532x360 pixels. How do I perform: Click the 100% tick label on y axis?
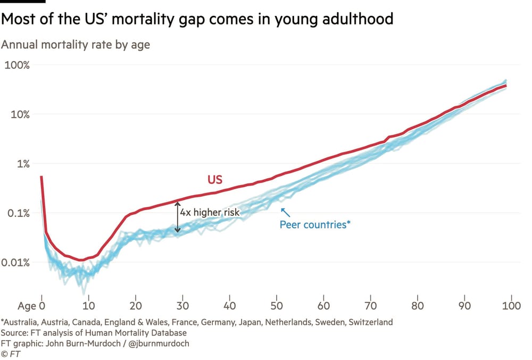point(17,65)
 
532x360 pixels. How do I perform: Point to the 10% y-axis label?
point(20,114)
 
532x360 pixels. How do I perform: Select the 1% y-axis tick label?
point(23,164)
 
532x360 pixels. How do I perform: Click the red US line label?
point(215,180)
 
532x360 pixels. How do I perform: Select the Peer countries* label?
point(315,225)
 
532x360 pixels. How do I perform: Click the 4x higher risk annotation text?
point(210,212)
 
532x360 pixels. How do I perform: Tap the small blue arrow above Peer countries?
point(285,211)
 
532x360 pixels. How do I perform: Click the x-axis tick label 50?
point(277,306)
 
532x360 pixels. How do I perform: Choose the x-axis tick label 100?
point(511,306)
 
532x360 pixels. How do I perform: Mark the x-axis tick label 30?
point(182,306)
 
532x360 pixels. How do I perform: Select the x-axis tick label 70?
point(371,306)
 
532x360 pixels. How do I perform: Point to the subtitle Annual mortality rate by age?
point(76,45)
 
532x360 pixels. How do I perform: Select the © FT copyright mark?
point(9,354)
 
